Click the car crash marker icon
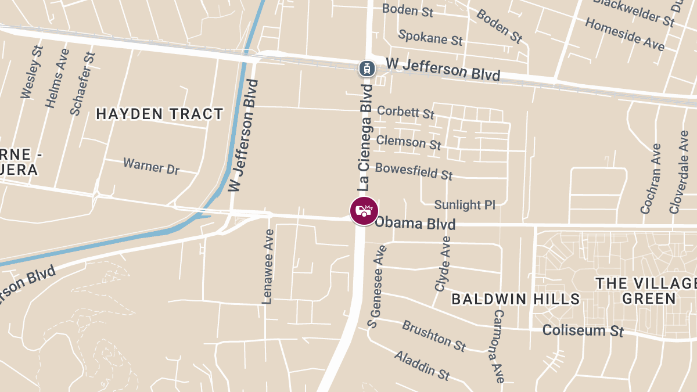pyautogui.click(x=364, y=211)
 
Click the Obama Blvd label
pyautogui.click(x=415, y=224)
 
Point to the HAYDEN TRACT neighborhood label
pyautogui.click(x=160, y=114)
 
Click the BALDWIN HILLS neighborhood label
pyautogui.click(x=516, y=299)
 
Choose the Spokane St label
pyautogui.click(x=430, y=37)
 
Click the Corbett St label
pyautogui.click(x=405, y=111)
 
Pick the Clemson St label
pyautogui.click(x=408, y=141)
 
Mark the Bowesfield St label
pyautogui.click(x=414, y=171)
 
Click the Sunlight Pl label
pyautogui.click(x=465, y=204)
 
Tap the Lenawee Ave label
pyautogui.click(x=268, y=266)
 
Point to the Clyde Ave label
pyautogui.click(x=443, y=264)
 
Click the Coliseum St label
pyautogui.click(x=583, y=330)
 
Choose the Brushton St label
pyautogui.click(x=434, y=335)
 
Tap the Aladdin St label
pyautogui.click(x=422, y=365)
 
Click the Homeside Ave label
pyautogui.click(x=624, y=34)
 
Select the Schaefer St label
pyautogui.click(x=82, y=83)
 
